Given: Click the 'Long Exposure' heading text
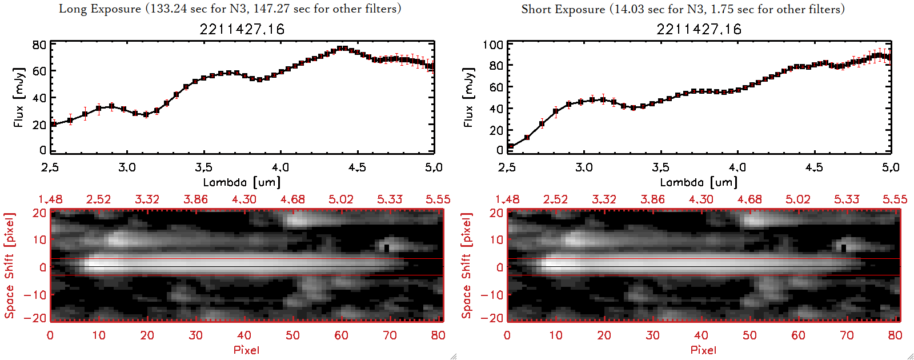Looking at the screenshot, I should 100,9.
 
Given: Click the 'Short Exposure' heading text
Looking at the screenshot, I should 563,9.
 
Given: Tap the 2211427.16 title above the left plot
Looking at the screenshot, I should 242,29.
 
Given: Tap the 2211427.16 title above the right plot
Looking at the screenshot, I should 699,29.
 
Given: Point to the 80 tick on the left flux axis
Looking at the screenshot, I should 39,45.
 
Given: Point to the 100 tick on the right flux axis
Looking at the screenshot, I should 493,45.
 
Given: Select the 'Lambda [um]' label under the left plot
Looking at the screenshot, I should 242,182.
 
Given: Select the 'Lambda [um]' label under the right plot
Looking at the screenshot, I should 699,182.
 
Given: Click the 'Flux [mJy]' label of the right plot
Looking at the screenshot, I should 469,98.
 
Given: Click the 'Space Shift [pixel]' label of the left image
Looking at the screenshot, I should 10,266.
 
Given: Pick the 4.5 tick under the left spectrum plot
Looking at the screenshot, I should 357,167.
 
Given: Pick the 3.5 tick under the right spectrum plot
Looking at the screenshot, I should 660,167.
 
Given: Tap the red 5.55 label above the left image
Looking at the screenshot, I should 438,199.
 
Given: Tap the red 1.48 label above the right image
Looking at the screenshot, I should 507,199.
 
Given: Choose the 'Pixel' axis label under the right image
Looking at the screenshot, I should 703,350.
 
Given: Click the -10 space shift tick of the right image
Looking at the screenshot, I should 492,295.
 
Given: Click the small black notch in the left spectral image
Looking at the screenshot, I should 387,248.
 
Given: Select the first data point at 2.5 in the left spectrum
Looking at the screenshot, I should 54,124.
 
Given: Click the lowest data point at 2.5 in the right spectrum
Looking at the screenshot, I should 511,147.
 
